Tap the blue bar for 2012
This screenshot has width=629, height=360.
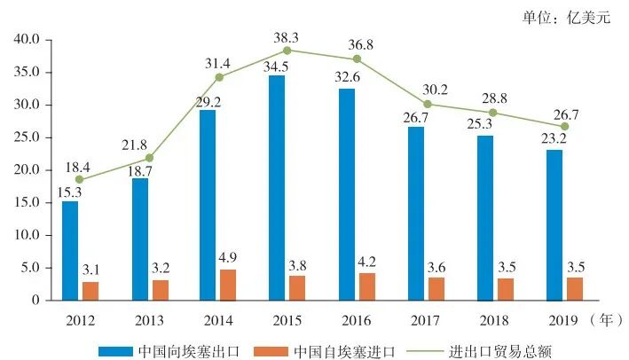click(70, 251)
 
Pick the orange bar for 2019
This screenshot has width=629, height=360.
click(575, 289)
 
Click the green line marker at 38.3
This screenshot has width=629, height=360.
click(288, 51)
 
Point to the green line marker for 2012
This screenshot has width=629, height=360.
click(80, 180)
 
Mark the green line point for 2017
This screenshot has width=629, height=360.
click(427, 104)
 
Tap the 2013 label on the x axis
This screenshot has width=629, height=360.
click(149, 317)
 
